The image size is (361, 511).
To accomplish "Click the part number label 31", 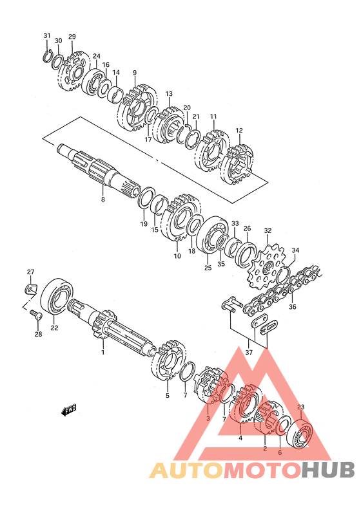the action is (x=47, y=35).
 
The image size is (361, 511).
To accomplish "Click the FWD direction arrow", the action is (x=69, y=410).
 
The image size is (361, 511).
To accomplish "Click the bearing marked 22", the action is (x=57, y=296).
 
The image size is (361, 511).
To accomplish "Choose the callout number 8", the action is (x=102, y=199).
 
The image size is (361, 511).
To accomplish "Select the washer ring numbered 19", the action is (x=146, y=198).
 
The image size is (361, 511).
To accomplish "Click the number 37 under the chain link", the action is (x=249, y=352).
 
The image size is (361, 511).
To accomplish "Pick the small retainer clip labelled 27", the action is (x=30, y=288).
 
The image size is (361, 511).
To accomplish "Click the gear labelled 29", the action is (x=73, y=71).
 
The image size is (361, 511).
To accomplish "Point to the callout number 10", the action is (x=177, y=256).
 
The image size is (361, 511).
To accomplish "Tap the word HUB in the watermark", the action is (x=327, y=470).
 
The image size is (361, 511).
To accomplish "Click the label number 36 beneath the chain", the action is (x=293, y=307).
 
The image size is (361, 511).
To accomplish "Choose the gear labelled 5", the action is (x=169, y=361).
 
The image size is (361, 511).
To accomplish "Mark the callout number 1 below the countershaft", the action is (x=102, y=352).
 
